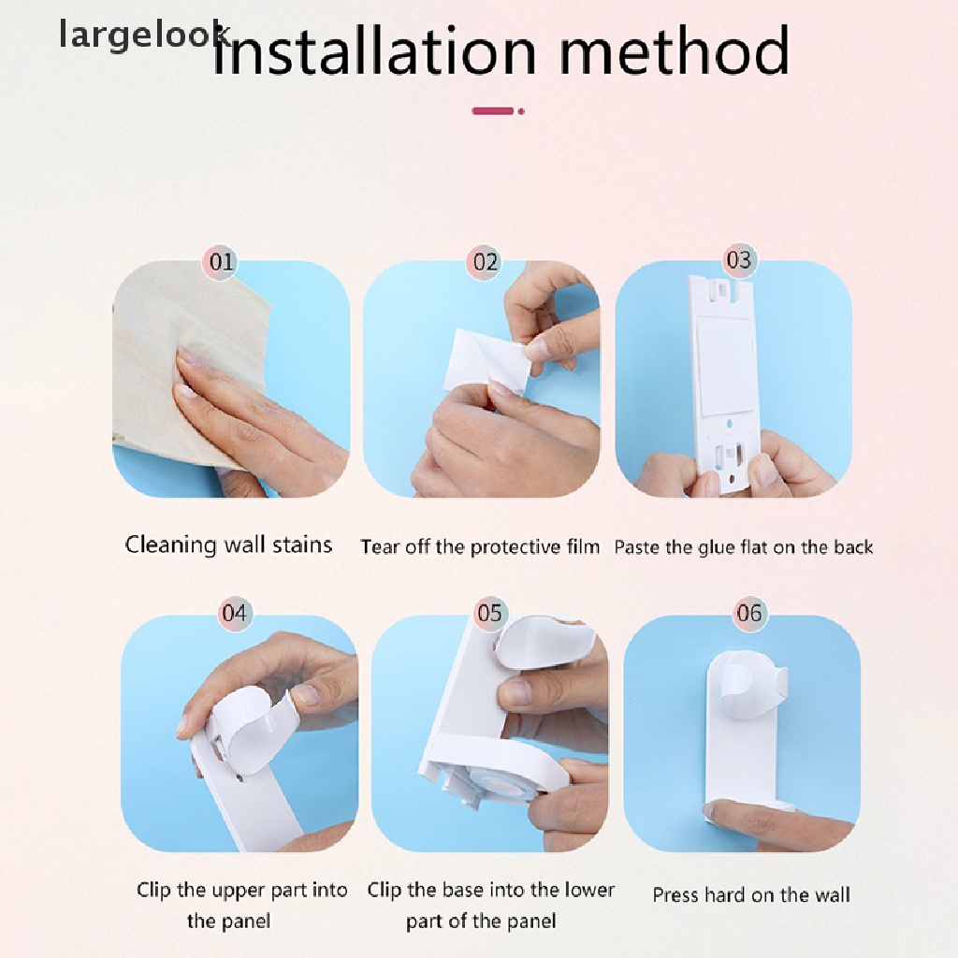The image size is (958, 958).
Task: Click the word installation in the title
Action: click(374, 51)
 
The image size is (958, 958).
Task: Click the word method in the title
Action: click(675, 51)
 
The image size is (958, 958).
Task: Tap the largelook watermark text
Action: click(144, 35)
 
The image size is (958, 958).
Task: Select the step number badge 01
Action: click(221, 262)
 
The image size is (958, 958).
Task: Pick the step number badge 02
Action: click(486, 262)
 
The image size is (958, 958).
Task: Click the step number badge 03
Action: click(739, 261)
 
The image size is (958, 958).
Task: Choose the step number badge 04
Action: click(235, 613)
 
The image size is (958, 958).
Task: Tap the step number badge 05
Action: click(489, 613)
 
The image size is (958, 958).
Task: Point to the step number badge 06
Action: click(749, 613)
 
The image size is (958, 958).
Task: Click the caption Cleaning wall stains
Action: click(228, 544)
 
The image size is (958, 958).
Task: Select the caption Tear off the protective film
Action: click(480, 546)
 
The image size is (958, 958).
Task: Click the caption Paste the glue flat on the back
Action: click(744, 546)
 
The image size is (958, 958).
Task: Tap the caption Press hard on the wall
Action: click(751, 895)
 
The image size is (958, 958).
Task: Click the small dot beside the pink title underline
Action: click(521, 111)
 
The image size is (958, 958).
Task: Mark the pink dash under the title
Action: click(493, 111)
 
